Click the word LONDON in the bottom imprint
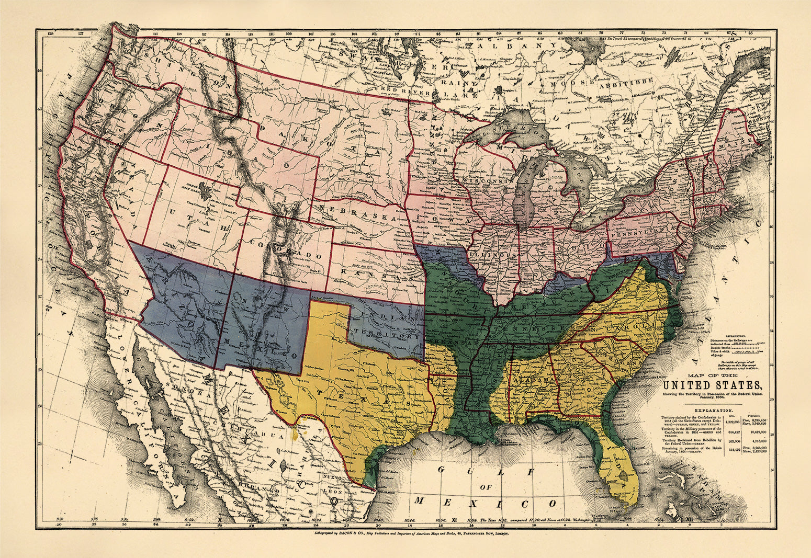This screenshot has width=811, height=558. click(500, 533)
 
